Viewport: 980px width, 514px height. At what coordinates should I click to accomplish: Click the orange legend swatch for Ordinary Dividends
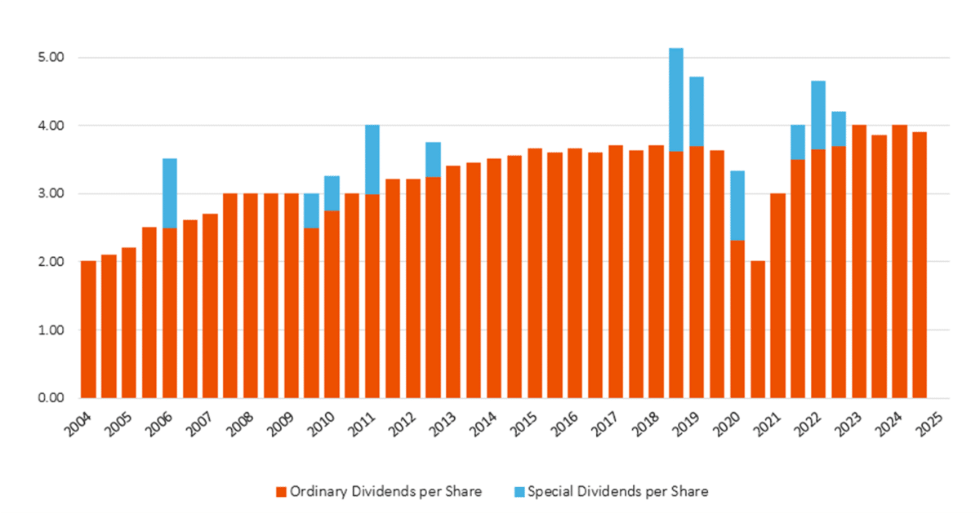(x=280, y=492)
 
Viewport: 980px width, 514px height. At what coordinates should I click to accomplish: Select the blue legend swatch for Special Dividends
(x=520, y=492)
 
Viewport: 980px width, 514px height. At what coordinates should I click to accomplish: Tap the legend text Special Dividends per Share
(x=617, y=492)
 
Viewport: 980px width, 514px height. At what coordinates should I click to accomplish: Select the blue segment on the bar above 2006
(x=169, y=193)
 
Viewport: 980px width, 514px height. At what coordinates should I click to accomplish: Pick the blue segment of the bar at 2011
(x=372, y=160)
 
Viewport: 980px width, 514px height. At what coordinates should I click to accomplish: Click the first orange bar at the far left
(x=88, y=330)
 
